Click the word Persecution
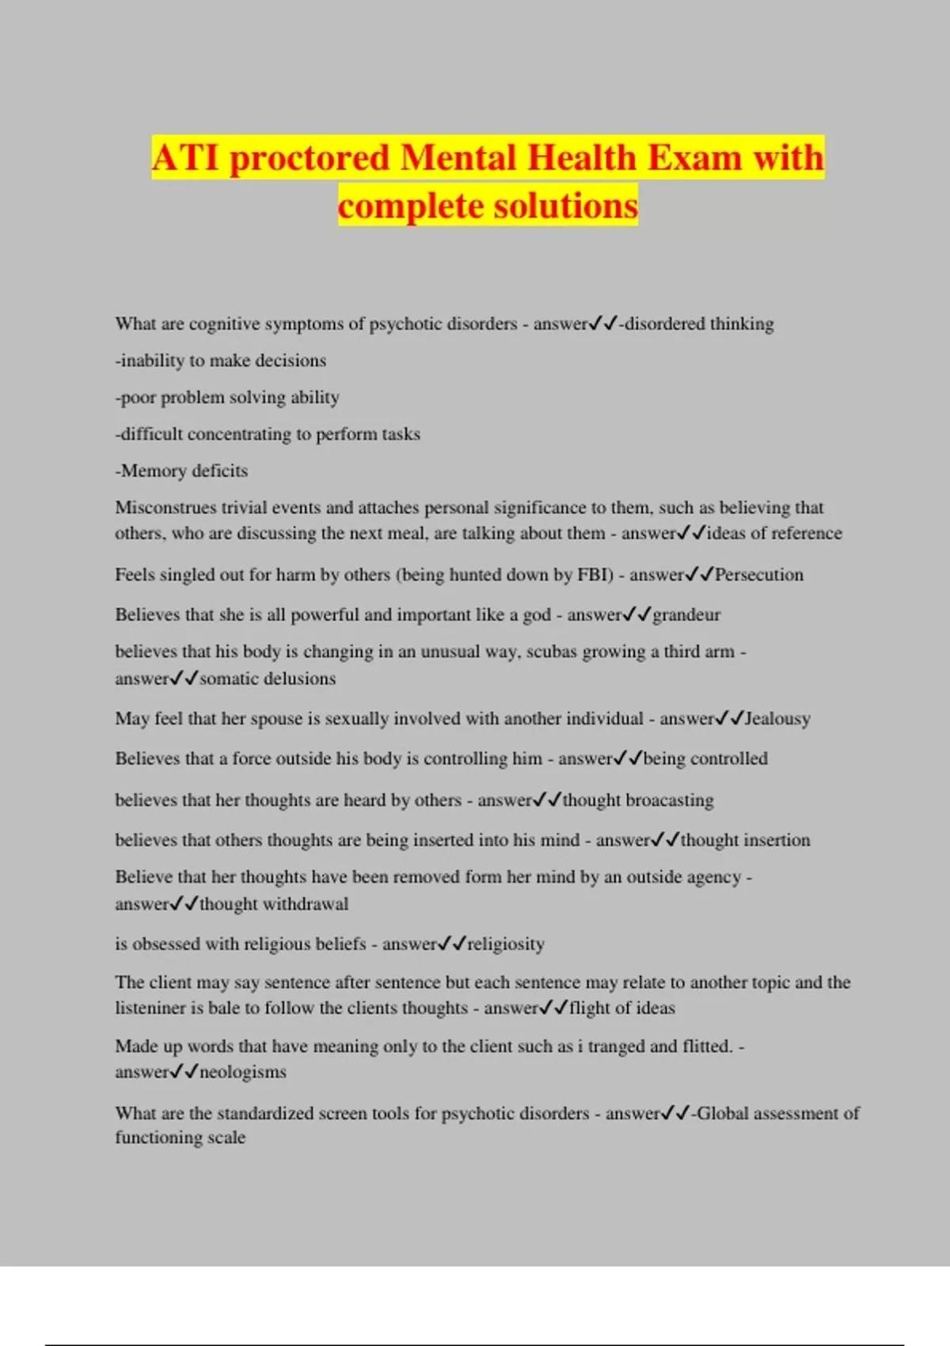758,575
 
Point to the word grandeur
686,614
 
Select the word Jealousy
777,719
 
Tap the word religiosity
506,944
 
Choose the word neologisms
242,1072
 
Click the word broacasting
670,800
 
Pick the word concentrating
239,434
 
